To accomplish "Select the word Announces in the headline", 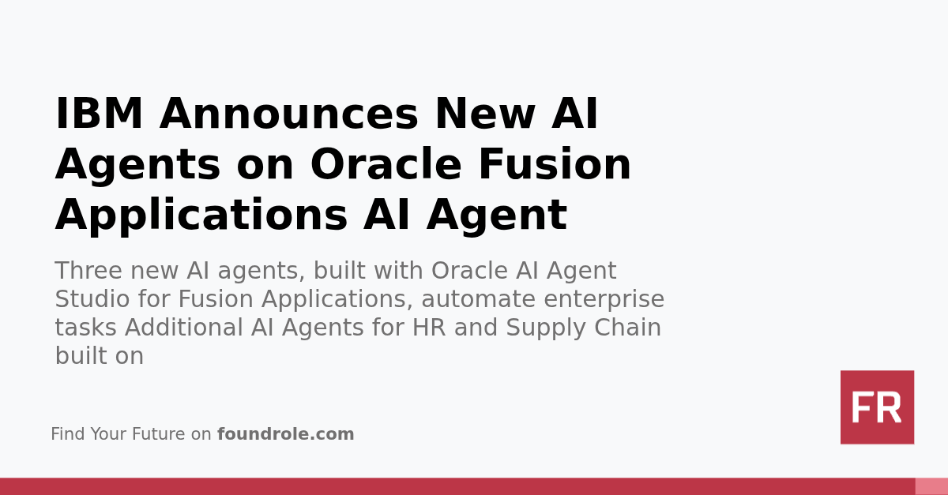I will click(x=289, y=114).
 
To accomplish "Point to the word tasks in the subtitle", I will click(x=86, y=328).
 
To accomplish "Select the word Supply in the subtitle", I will click(x=546, y=328).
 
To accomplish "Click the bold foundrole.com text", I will click(x=285, y=434).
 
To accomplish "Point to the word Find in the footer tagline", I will click(x=67, y=434).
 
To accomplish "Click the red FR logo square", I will click(x=877, y=407).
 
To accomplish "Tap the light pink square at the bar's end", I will click(x=931, y=486).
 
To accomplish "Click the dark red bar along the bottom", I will click(x=458, y=486).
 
